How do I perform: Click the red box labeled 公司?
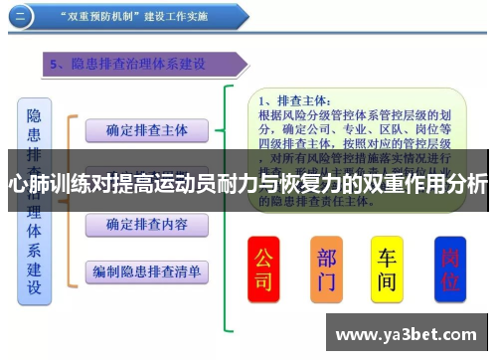click(x=262, y=268)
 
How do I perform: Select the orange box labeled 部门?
click(x=326, y=268)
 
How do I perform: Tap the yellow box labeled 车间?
click(x=387, y=268)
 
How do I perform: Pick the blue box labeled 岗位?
click(x=449, y=268)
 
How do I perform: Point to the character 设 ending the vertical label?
click(x=34, y=288)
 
